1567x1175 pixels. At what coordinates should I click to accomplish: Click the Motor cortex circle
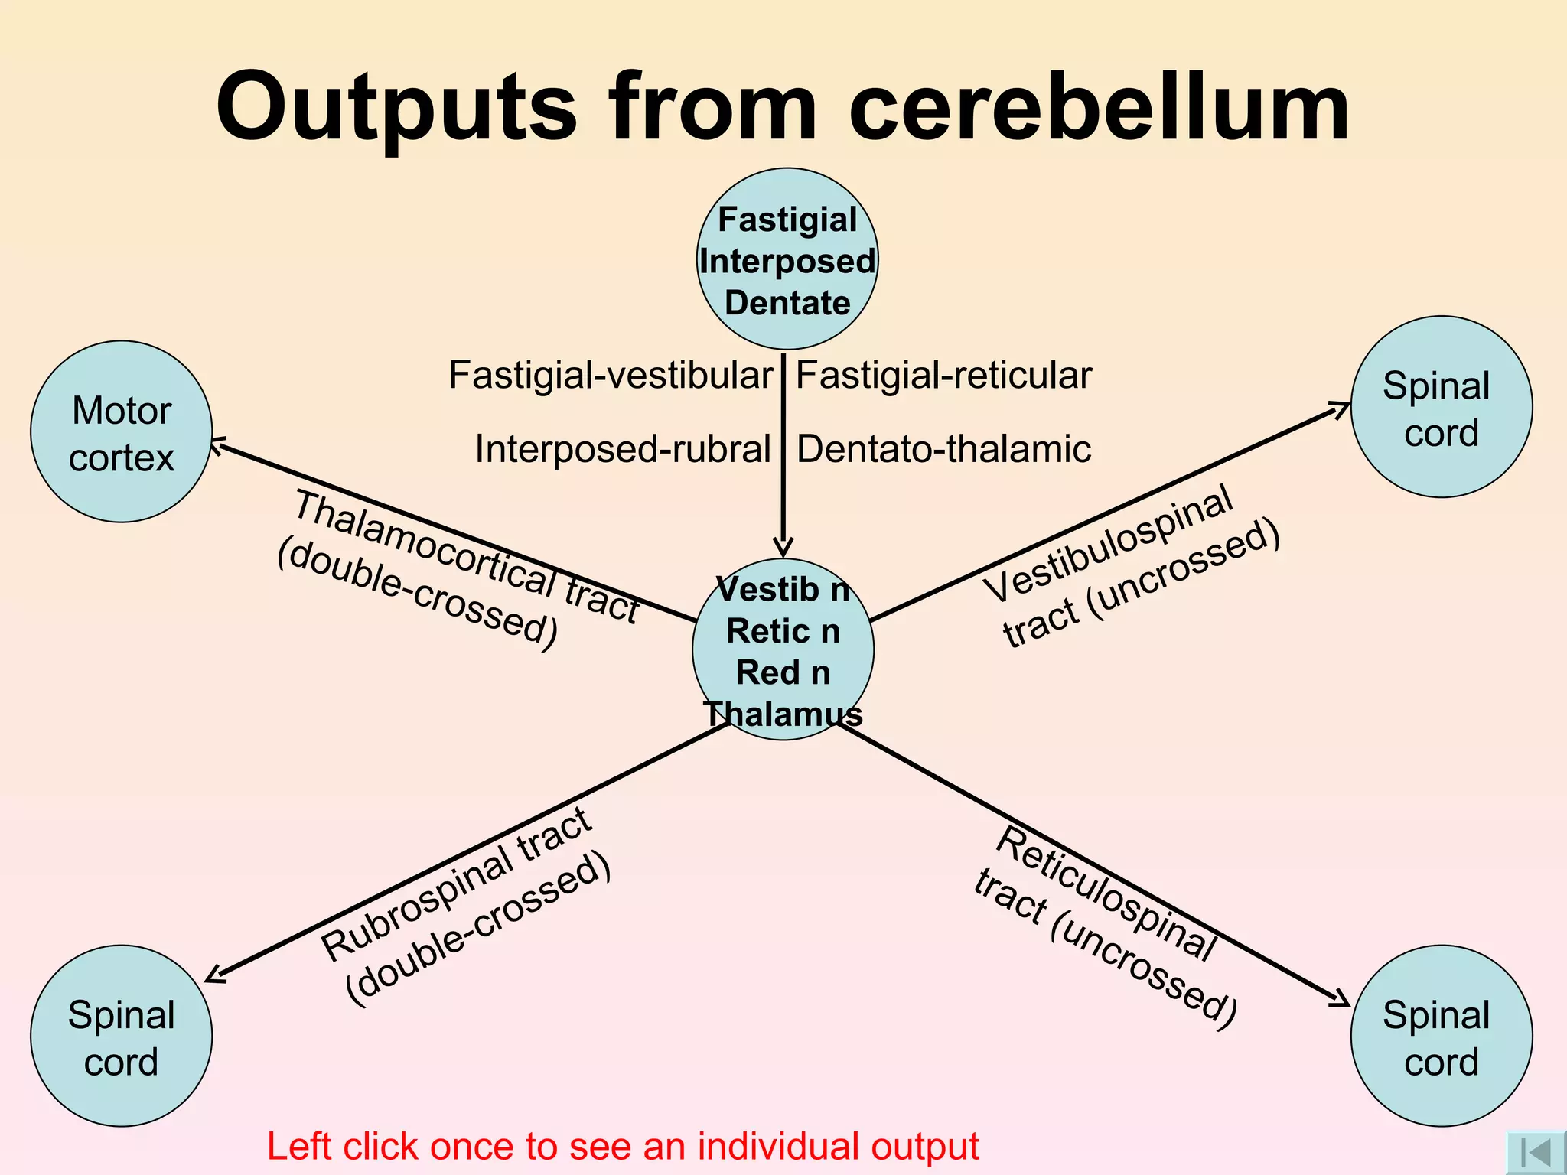[121, 432]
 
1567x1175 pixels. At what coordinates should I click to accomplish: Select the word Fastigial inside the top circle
[787, 220]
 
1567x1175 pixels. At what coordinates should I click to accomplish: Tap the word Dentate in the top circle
[787, 303]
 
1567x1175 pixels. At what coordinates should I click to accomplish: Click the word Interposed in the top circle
[787, 262]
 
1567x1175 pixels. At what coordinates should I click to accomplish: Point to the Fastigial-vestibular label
[610, 376]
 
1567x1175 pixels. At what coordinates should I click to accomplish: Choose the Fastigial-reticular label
[943, 376]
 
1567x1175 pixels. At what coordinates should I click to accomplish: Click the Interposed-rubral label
[622, 449]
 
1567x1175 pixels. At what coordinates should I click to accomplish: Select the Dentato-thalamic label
[943, 449]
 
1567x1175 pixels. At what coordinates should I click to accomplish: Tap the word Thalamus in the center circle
[783, 714]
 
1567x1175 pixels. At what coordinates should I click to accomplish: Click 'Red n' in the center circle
[783, 673]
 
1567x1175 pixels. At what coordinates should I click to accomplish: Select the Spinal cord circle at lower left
[121, 1037]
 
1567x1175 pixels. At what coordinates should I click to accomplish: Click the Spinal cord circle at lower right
[1442, 1037]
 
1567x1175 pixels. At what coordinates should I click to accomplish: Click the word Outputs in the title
[396, 107]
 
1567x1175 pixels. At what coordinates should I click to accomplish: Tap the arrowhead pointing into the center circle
[783, 548]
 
